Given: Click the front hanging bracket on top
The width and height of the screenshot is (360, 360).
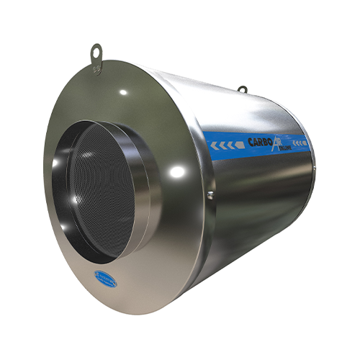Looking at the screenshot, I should click(x=95, y=55).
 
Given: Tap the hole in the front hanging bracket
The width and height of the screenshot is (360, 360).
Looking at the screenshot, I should click(x=95, y=50).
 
